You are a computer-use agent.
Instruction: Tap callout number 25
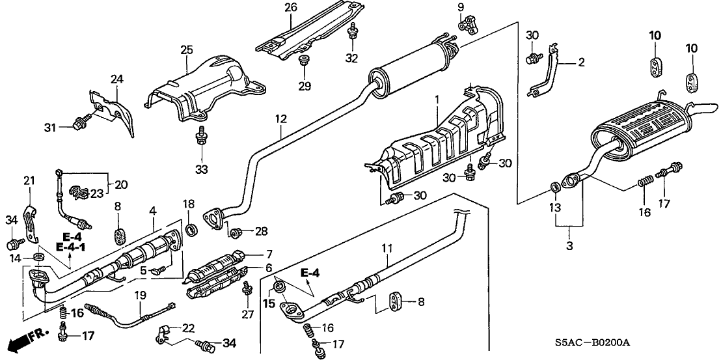click(187, 49)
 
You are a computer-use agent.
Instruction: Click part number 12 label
click(280, 119)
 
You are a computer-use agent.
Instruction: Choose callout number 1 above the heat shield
click(437, 99)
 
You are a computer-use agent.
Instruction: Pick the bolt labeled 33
click(202, 136)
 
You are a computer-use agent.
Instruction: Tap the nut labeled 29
click(304, 61)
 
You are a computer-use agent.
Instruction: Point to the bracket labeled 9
click(467, 26)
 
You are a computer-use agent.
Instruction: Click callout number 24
click(116, 79)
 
